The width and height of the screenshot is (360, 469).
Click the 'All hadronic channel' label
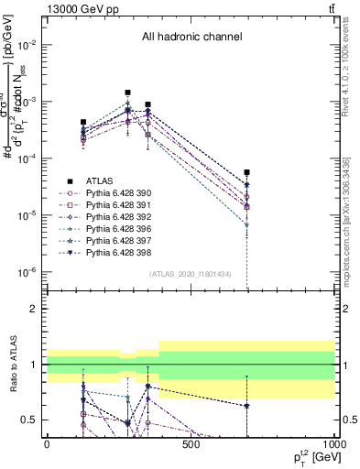(191, 38)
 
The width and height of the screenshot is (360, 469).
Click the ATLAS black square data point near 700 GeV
(247, 172)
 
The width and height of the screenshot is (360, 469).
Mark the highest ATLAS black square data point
(127, 93)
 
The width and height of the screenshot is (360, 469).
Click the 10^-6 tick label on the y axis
(27, 271)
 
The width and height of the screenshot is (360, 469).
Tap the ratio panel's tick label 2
(34, 309)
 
